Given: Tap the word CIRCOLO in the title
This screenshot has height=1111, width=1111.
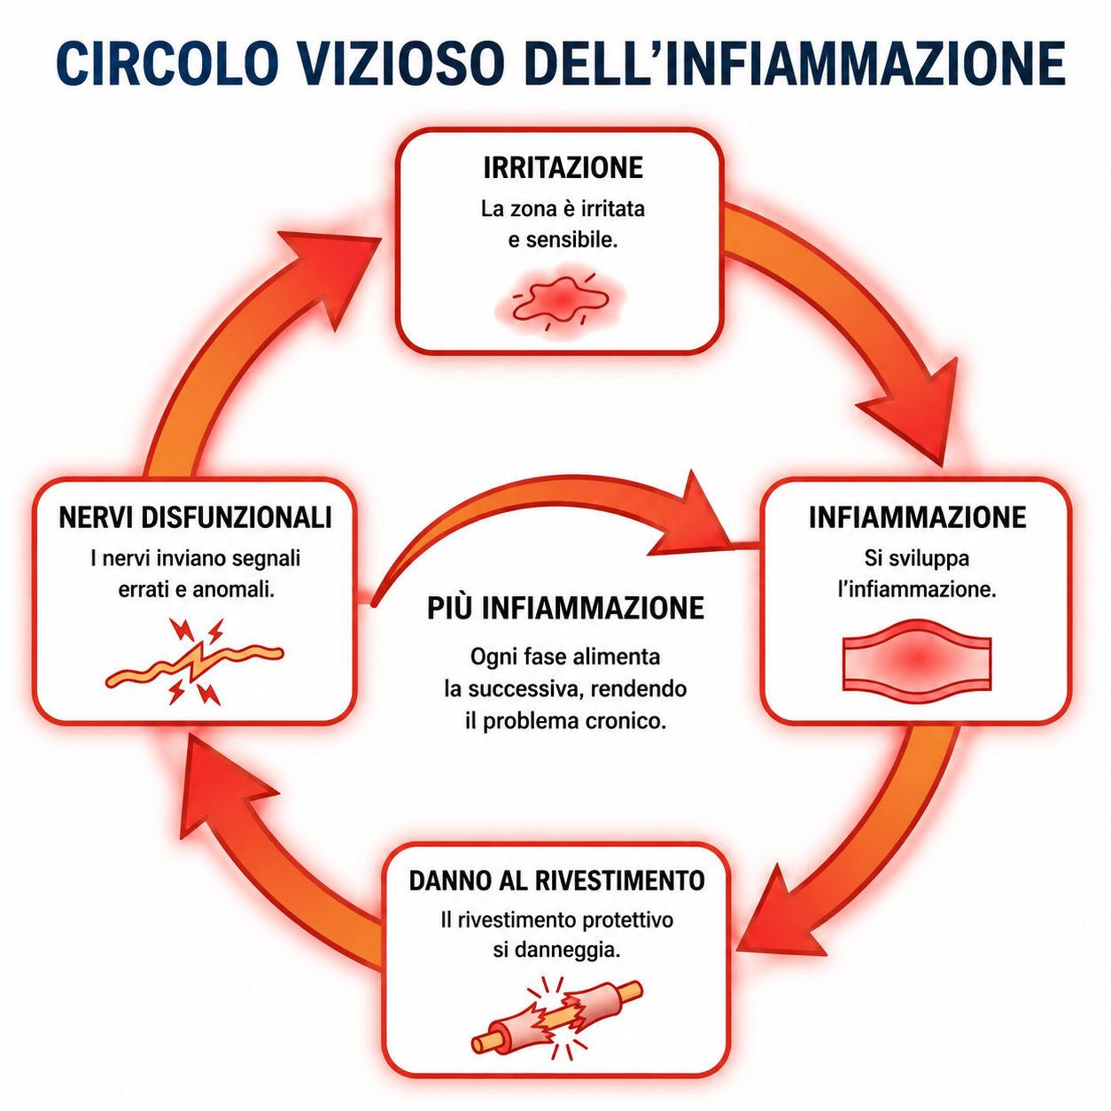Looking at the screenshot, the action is pos(167,63).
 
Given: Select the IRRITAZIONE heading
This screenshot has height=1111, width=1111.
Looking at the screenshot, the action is pos(563,167).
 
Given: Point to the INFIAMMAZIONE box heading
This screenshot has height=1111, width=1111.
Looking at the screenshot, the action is pos(917,517).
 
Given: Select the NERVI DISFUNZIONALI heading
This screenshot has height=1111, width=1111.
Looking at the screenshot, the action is pos(195,517).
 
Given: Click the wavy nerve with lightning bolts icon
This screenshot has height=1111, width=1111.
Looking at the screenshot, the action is pos(194,661).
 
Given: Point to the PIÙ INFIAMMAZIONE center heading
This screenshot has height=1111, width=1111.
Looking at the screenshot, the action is pos(565,608).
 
